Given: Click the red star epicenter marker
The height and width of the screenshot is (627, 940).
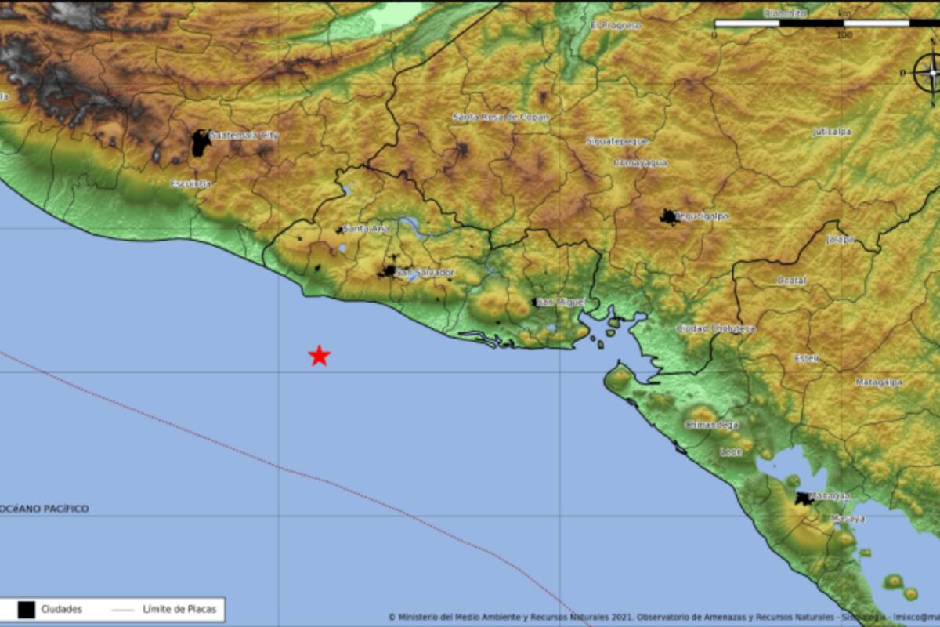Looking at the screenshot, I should tap(319, 356).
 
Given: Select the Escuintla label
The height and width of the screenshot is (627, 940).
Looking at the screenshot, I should tap(191, 183).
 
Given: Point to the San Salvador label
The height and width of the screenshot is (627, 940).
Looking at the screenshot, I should tap(425, 272).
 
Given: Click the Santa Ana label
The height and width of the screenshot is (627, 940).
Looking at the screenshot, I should tap(366, 229).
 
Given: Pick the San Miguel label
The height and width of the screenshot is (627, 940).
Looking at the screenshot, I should tap(561, 302).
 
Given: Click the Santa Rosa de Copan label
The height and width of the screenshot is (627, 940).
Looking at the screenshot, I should tap(501, 118).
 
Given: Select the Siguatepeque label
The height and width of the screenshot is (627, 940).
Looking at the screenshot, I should tap(617, 141).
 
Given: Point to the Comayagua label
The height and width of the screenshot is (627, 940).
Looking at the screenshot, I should tap(640, 162).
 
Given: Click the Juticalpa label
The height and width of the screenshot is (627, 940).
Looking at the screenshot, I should tap(832, 132).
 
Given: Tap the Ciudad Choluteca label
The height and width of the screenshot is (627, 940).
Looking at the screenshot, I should tap(715, 328).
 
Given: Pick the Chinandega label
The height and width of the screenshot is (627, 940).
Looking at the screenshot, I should tap(711, 425).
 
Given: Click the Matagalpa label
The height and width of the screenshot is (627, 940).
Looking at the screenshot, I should tap(878, 382).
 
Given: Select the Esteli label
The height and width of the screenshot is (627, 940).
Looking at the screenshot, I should tap(807, 358).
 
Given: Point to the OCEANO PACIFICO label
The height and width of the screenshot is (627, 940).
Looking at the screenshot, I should tap(45, 509).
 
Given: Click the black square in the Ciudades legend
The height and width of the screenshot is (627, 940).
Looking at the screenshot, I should tap(26, 609).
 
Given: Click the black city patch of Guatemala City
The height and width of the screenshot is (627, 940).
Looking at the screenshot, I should tap(201, 143).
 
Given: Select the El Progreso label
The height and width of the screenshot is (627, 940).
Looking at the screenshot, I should tap(616, 25).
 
